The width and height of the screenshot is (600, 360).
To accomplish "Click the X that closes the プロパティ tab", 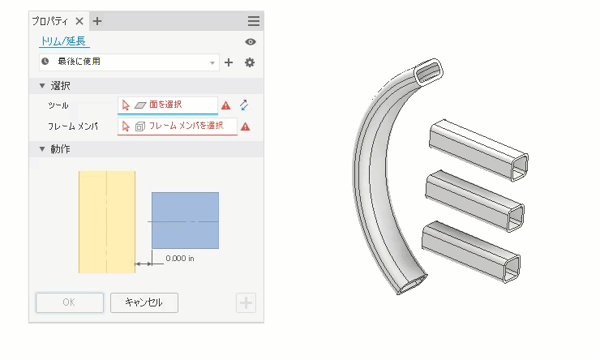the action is [79, 21].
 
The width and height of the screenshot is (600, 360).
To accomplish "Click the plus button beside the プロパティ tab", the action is [97, 21].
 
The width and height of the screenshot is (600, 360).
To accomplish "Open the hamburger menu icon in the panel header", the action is [253, 21].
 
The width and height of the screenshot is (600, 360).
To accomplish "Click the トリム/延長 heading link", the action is [63, 41].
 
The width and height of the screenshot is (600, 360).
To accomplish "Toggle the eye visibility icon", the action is [251, 41].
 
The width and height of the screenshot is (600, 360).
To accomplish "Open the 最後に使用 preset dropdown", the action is [129, 62].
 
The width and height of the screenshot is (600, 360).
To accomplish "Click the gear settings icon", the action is [250, 62].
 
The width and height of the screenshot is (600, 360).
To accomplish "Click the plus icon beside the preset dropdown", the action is [229, 62].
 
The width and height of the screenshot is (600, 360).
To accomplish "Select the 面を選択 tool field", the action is [168, 105].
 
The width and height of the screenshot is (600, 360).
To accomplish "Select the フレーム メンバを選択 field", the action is [178, 126].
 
